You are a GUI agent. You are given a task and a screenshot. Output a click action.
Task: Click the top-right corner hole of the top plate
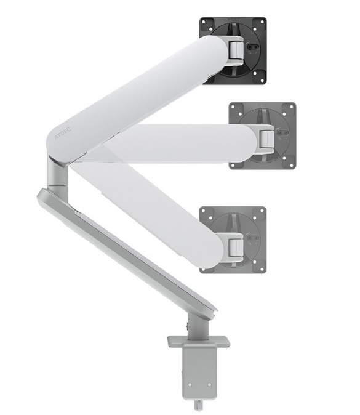click(x=262, y=22)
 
